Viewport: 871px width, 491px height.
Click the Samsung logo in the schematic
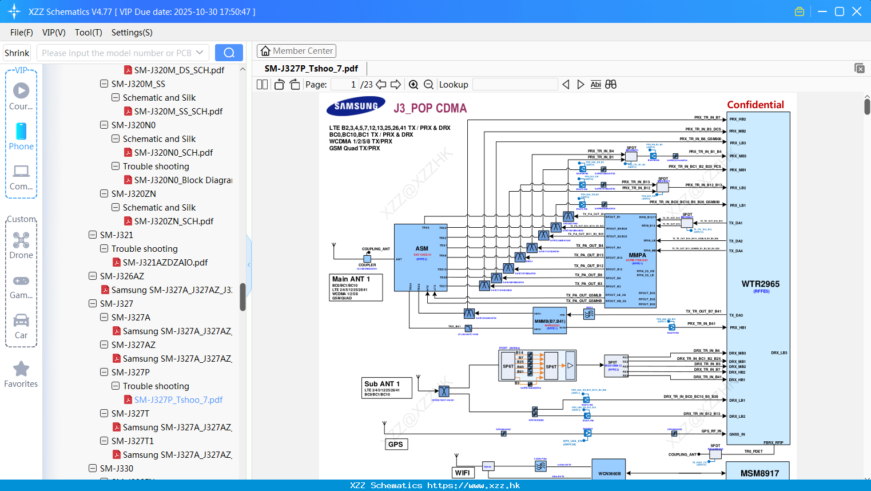tap(356, 106)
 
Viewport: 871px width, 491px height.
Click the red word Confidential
tap(755, 105)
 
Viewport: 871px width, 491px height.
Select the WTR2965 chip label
tap(760, 284)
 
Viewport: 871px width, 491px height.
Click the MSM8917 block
tap(759, 473)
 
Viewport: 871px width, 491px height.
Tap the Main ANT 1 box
tap(356, 287)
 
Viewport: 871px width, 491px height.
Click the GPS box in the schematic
tap(396, 444)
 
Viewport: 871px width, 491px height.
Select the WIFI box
tap(463, 473)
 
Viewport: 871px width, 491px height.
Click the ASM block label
tap(421, 248)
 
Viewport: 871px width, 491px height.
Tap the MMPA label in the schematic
tap(637, 255)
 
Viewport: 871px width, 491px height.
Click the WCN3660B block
tap(609, 473)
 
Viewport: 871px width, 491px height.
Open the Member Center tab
tap(296, 51)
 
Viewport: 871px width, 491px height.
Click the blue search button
tap(229, 53)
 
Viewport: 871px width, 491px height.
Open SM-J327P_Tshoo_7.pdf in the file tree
tap(178, 400)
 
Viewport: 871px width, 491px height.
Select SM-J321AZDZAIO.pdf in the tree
tap(165, 263)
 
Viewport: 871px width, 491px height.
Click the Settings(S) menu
tap(132, 33)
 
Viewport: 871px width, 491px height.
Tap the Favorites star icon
tap(21, 369)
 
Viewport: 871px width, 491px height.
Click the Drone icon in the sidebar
tap(21, 240)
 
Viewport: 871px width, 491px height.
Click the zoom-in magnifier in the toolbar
tap(413, 85)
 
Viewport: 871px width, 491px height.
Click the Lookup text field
tap(515, 85)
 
